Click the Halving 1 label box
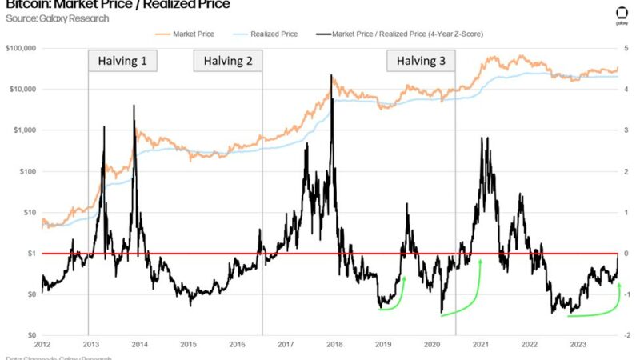point(122,62)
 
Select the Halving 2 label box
point(228,62)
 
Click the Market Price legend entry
point(189,34)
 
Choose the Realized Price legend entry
point(270,34)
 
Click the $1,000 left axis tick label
point(26,130)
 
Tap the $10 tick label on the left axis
point(30,213)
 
